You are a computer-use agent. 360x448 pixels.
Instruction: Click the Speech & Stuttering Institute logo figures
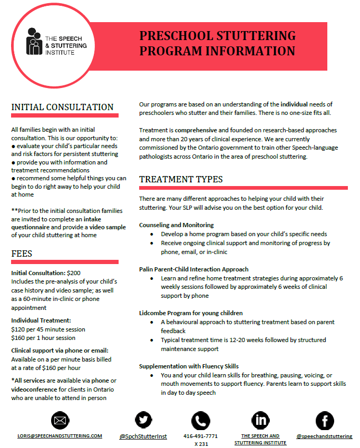(34, 41)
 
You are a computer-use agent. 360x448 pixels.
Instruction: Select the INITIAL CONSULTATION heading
(62, 107)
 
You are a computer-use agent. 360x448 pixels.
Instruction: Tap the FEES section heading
(22, 254)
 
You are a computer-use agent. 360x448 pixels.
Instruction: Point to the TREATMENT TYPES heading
(181, 179)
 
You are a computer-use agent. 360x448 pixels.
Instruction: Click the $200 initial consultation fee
(74, 273)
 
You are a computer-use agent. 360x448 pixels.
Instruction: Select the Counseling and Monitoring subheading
(176, 225)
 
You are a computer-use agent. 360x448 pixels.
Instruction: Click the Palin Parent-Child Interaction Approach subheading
(193, 269)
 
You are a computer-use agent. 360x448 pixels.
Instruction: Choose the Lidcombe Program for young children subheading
(191, 313)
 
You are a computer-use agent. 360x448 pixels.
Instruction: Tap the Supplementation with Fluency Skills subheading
(189, 366)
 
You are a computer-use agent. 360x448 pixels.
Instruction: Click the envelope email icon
(61, 421)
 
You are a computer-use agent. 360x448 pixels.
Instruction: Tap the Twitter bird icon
(143, 421)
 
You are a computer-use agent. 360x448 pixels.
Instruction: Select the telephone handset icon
(200, 421)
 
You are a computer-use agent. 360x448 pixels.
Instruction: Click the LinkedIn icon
(260, 421)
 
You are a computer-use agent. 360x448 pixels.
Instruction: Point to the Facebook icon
(325, 421)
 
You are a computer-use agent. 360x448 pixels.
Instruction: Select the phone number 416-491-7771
(201, 436)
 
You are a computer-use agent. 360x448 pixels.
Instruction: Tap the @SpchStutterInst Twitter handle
(143, 436)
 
